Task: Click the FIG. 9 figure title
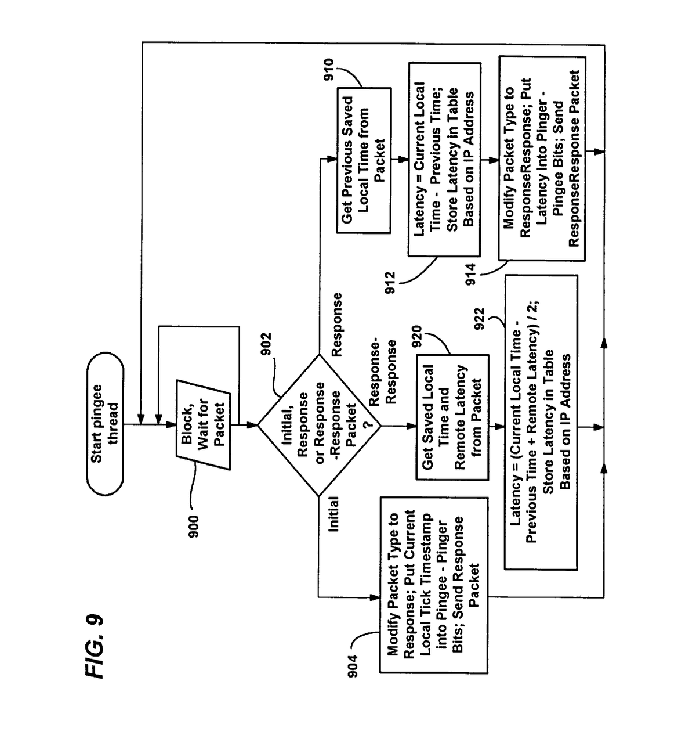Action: pyautogui.click(x=95, y=645)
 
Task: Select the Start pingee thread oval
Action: pyautogui.click(x=105, y=423)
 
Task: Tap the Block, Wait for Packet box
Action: pyautogui.click(x=203, y=424)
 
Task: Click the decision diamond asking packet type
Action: pyautogui.click(x=319, y=426)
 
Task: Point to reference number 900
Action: pyautogui.click(x=193, y=526)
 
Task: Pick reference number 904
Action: pyautogui.click(x=353, y=665)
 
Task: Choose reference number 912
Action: pyautogui.click(x=390, y=283)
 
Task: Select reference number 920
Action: pyautogui.click(x=417, y=340)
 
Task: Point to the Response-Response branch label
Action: pyautogui.click(x=383, y=372)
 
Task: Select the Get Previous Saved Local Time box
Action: pyautogui.click(x=364, y=160)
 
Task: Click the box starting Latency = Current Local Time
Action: pyautogui.click(x=444, y=160)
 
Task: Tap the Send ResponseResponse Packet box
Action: pyautogui.click(x=542, y=158)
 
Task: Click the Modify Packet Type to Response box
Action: pyautogui.click(x=433, y=584)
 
